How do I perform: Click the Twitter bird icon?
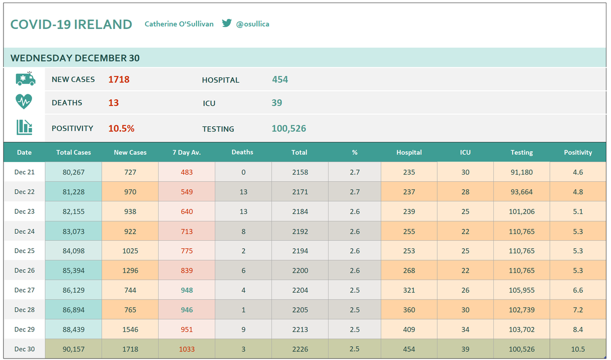[227, 23]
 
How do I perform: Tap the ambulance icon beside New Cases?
[25, 79]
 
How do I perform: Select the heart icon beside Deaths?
[24, 101]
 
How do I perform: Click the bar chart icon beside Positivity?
[24, 127]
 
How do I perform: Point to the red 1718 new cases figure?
[119, 79]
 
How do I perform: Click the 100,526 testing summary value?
[289, 128]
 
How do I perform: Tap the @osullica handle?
[253, 24]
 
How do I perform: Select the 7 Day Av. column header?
[186, 152]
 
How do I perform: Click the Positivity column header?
[578, 152]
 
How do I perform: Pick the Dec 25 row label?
[24, 251]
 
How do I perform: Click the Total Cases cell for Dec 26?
[74, 270]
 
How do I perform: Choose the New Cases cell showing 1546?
[130, 329]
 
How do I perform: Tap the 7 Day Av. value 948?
[187, 290]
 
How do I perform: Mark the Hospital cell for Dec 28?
[409, 310]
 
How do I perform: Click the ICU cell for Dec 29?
[465, 329]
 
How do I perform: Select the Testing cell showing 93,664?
[522, 192]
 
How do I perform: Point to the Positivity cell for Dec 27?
[578, 290]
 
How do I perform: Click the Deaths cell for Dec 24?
[243, 231]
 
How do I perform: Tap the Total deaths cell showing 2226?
[300, 349]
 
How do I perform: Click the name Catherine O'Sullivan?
[179, 24]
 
